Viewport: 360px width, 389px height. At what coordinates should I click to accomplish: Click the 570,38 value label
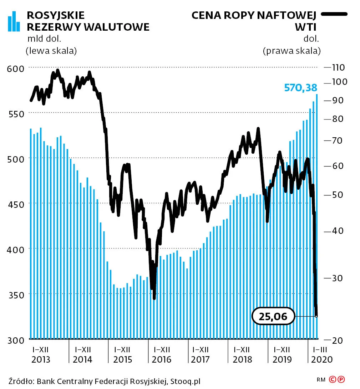(300, 88)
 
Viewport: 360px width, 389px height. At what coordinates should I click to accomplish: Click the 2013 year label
(41, 359)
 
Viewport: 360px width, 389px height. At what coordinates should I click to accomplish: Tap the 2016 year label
(161, 359)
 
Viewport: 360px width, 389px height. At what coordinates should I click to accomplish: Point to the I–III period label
(320, 349)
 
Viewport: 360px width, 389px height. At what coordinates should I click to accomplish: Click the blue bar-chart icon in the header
(14, 21)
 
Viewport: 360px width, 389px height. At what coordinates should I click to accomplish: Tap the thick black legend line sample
(334, 14)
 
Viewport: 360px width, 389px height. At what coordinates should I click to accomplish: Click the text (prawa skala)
(291, 51)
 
